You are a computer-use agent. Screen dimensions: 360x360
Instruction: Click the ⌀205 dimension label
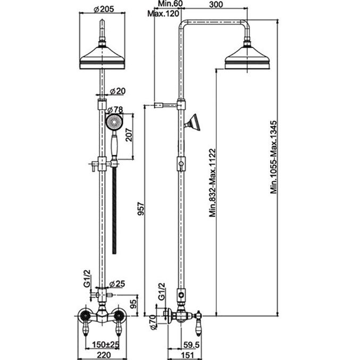click(x=104, y=9)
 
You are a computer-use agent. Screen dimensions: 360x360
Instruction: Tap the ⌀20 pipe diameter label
click(x=118, y=91)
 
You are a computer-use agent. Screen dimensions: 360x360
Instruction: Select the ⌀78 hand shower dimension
click(x=115, y=110)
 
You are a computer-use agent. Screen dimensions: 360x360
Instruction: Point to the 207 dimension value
click(x=129, y=135)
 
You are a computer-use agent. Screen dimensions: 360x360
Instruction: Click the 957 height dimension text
click(x=141, y=208)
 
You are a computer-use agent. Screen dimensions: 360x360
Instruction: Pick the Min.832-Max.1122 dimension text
click(x=213, y=183)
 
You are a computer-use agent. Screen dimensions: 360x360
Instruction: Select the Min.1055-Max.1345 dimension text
click(x=274, y=157)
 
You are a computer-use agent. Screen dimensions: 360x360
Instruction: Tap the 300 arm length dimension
click(x=216, y=4)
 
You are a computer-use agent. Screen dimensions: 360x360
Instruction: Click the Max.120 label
click(x=163, y=13)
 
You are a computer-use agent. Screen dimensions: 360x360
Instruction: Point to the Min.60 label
click(x=170, y=4)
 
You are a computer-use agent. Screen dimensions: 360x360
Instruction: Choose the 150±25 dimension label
click(x=106, y=345)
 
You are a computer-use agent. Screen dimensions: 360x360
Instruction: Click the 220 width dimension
click(x=104, y=355)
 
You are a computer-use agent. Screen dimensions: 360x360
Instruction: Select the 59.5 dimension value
click(x=192, y=345)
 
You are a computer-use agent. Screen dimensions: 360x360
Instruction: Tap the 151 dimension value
click(x=188, y=355)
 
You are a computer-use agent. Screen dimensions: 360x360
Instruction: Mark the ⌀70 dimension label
click(x=153, y=322)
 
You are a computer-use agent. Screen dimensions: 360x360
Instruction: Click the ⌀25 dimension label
click(x=117, y=284)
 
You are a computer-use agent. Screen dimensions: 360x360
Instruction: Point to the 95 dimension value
click(x=134, y=304)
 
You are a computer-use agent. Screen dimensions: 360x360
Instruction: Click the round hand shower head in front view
click(x=114, y=122)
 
